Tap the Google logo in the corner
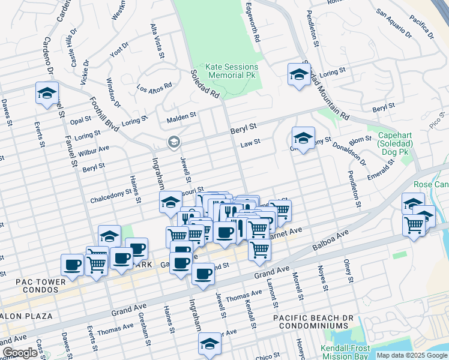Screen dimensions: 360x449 point(20,353)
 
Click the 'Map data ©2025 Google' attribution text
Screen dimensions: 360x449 point(411,355)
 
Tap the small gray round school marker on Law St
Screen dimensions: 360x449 point(173,142)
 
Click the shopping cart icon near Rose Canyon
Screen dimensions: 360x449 point(414,226)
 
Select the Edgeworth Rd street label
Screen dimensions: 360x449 point(252,24)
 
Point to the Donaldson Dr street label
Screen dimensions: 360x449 point(354,154)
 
